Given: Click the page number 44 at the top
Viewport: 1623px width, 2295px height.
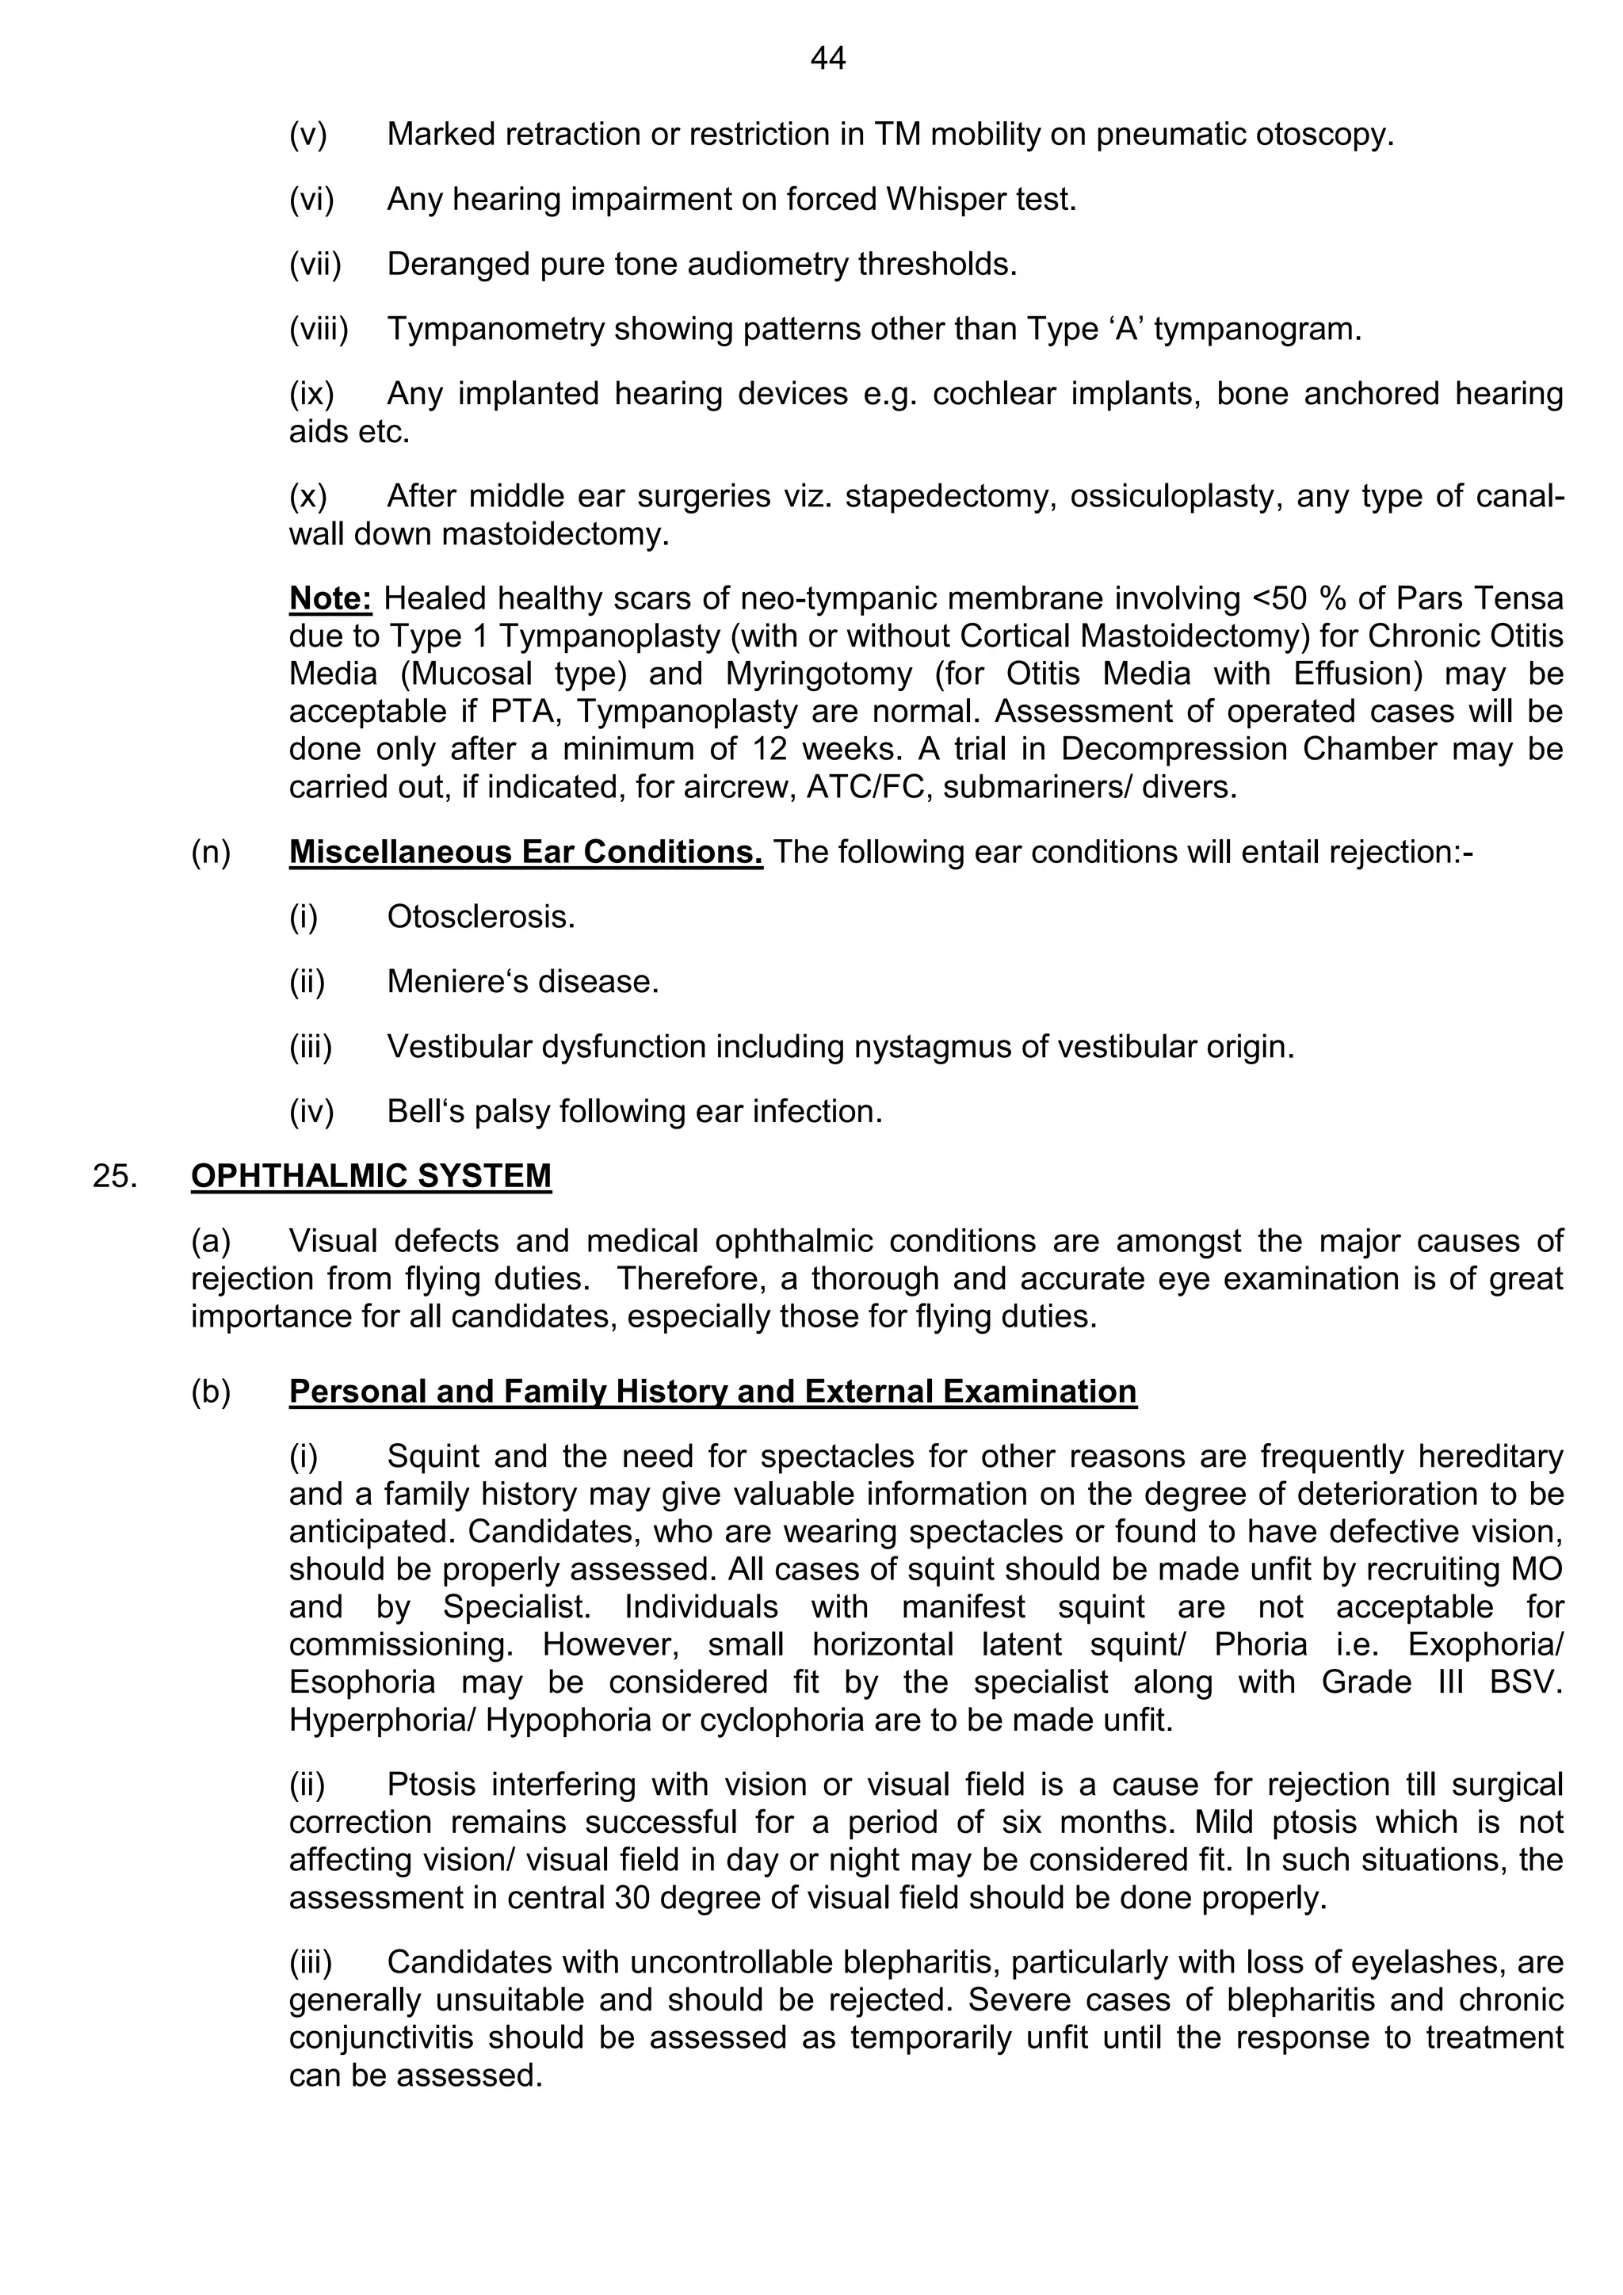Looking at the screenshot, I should pyautogui.click(x=828, y=59).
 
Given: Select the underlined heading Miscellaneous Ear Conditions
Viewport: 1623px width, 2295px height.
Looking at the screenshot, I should pyautogui.click(x=525, y=852).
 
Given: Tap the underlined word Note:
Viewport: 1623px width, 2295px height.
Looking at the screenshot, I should pyautogui.click(x=330, y=598).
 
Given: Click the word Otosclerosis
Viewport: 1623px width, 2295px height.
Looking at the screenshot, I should pyautogui.click(x=481, y=917).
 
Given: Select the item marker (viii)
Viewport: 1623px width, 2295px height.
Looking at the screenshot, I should pyautogui.click(x=319, y=329).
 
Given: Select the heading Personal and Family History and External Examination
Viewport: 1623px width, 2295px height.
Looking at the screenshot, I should pyautogui.click(x=712, y=1392).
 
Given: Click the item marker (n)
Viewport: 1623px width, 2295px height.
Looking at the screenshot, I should pyautogui.click(x=211, y=852).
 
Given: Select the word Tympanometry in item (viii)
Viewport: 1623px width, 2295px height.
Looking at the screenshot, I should pyautogui.click(x=495, y=329).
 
